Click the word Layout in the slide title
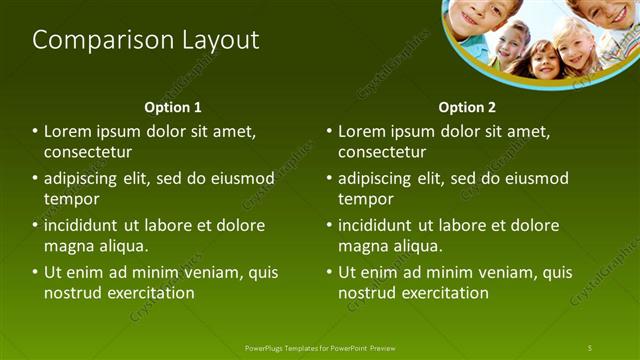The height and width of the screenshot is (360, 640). click(218, 40)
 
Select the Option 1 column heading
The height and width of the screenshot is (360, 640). click(173, 106)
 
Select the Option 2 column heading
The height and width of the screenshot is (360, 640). click(467, 106)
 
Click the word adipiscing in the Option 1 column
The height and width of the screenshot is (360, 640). click(87, 179)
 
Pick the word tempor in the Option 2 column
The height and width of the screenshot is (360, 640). click(365, 199)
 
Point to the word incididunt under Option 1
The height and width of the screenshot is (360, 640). click(89, 225)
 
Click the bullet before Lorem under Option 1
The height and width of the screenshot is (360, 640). click(36, 131)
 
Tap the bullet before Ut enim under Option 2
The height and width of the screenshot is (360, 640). click(330, 272)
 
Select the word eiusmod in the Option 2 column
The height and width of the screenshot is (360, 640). click(537, 179)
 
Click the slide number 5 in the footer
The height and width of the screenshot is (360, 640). click(590, 347)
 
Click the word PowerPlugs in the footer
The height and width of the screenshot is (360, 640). click(265, 347)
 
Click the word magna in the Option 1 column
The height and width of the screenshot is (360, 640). click(67, 246)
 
